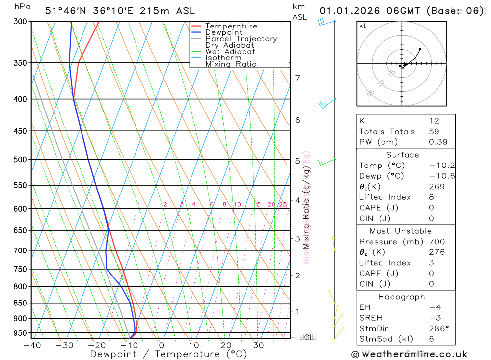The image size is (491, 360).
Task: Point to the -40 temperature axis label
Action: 32,345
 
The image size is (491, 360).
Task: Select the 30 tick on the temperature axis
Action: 259,345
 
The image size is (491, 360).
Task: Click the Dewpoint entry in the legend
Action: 224,32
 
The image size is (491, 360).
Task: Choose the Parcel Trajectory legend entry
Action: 241,39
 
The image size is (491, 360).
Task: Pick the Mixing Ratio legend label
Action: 231,64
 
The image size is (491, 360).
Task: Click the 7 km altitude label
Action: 297,78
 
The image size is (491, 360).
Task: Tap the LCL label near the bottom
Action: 306,337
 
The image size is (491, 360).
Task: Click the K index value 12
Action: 434,121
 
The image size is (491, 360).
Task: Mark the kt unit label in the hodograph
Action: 363,26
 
